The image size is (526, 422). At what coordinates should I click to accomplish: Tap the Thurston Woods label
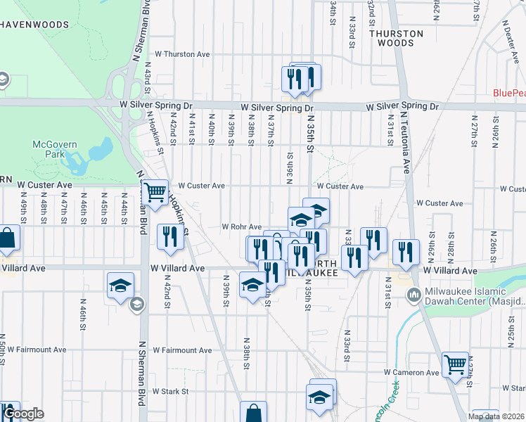point(397,38)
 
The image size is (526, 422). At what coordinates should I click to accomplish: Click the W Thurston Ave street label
point(183,53)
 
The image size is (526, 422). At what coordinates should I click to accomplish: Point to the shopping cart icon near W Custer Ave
point(155,191)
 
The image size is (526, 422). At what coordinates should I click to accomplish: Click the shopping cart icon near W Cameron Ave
point(455,365)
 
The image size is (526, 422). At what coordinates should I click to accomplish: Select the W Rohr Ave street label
point(242,226)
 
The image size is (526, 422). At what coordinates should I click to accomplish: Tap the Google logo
point(23,414)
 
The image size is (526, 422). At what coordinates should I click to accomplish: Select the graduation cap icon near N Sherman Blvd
point(120,286)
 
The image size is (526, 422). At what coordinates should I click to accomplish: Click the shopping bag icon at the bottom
point(253,413)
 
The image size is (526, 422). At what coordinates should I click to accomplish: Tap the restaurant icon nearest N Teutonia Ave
point(405,253)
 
